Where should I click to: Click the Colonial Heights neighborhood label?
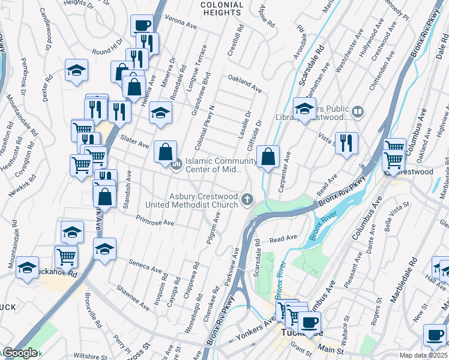[x=221, y=9]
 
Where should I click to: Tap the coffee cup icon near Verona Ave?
[x=142, y=26]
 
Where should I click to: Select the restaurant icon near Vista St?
[x=346, y=143]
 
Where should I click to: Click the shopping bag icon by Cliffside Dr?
[x=268, y=157]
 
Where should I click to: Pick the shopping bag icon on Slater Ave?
[x=165, y=152]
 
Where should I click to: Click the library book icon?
[x=358, y=111]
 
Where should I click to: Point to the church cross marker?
[x=247, y=199]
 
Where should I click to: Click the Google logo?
[x=20, y=353]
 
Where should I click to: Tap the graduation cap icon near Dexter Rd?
[x=77, y=70]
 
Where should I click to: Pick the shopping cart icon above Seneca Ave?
[x=67, y=256]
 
